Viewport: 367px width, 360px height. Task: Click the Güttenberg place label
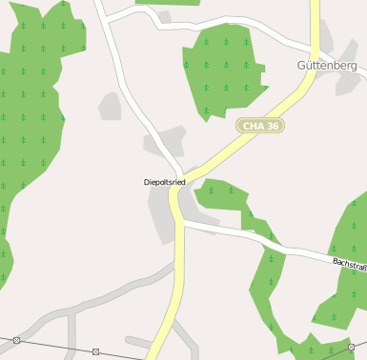(x=326, y=66)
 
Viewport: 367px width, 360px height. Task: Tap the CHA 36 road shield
(x=260, y=126)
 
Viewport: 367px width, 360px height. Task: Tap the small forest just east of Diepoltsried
(x=221, y=194)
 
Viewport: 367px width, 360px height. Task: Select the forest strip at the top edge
(x=168, y=3)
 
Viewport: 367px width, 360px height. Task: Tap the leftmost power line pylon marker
(x=16, y=340)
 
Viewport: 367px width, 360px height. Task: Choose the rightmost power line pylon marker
(x=351, y=345)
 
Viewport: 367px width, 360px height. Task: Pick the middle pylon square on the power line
(x=95, y=351)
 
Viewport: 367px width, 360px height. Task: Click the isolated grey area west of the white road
(x=111, y=106)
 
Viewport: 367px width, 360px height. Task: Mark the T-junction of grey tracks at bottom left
(x=70, y=315)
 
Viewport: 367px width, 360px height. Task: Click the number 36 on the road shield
(x=275, y=126)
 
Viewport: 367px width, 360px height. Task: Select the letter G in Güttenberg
(x=301, y=66)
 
